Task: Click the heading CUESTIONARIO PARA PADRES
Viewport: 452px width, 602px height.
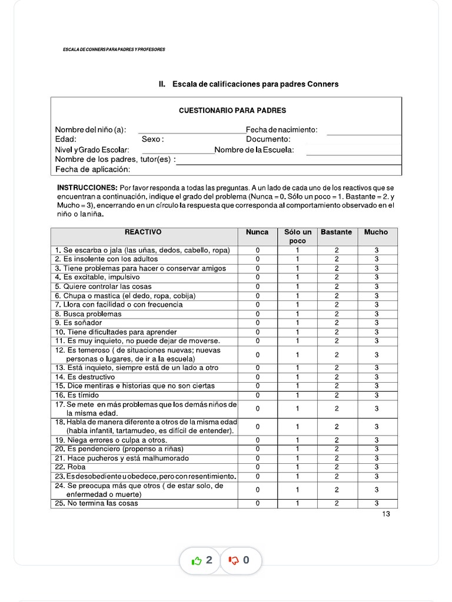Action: pos(232,110)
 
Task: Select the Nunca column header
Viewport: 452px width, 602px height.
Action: pos(257,232)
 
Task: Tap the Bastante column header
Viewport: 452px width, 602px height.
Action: pos(336,232)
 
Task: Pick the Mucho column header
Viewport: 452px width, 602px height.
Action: pos(376,232)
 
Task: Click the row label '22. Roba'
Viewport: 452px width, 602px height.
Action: pos(70,467)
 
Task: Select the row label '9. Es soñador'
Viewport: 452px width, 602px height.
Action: pos(78,323)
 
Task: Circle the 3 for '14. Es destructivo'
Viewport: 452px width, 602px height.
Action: pos(377,377)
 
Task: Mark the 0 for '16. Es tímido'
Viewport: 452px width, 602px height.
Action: pos(257,395)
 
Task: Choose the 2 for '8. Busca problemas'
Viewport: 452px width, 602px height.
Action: pos(337,314)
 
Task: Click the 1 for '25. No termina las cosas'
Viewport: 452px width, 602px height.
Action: pos(297,503)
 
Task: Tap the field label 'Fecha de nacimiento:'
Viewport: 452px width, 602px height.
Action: pos(281,130)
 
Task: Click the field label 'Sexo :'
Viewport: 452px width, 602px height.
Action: pos(152,139)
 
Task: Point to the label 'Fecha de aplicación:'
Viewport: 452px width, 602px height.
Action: pos(92,170)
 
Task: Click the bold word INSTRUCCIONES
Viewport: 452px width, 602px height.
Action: pos(87,187)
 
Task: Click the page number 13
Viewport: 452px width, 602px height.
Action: pos(385,514)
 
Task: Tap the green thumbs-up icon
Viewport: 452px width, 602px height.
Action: pos(197,561)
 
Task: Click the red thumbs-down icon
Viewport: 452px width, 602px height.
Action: pos(234,561)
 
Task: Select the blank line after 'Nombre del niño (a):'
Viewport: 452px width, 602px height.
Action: pos(191,131)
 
